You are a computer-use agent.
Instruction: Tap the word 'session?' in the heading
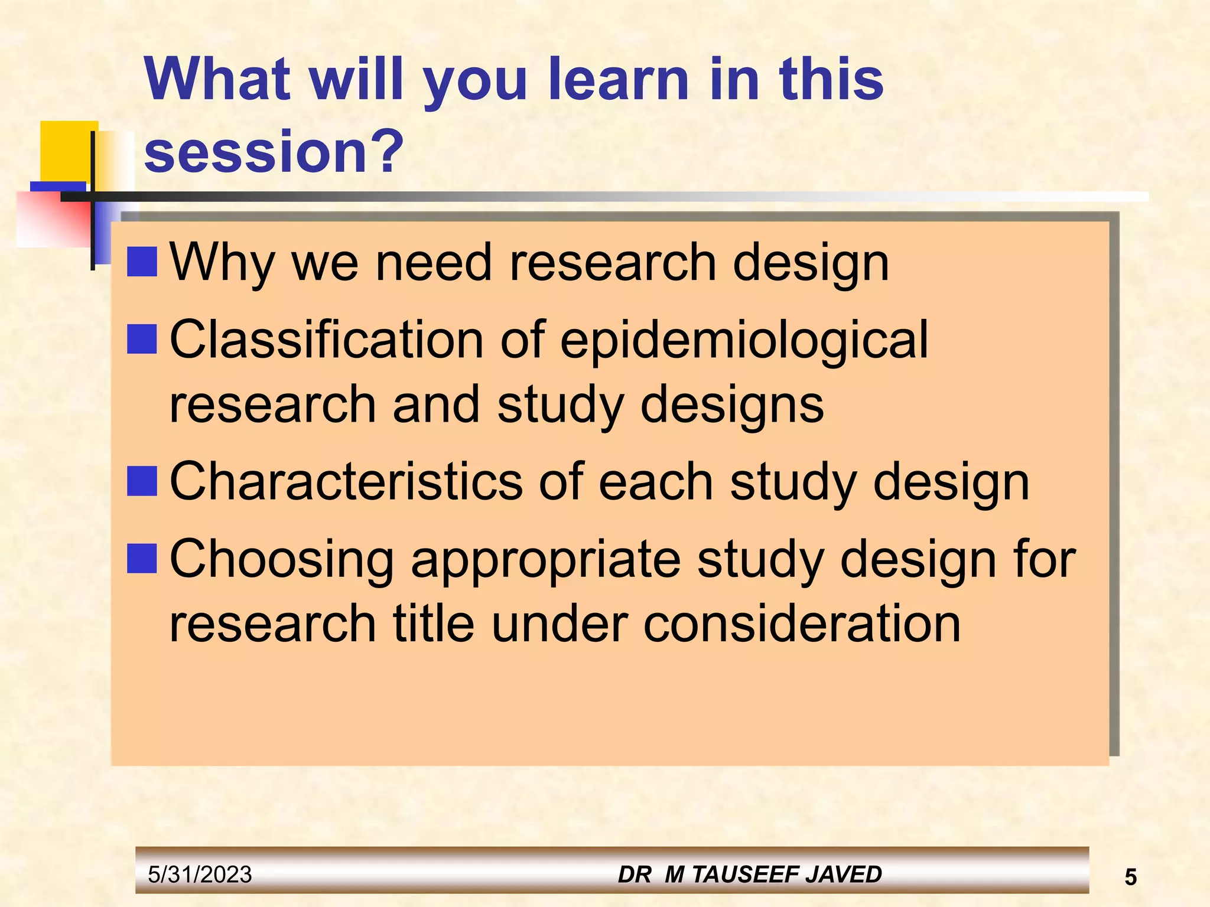274,151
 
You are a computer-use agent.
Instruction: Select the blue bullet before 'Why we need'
142,262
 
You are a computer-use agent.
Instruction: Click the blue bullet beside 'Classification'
142,339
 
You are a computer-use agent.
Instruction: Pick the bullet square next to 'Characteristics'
142,481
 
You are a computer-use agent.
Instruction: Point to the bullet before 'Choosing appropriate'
142,559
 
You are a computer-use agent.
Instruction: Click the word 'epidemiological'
744,341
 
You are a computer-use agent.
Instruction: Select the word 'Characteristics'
346,481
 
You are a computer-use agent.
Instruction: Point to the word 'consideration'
801,624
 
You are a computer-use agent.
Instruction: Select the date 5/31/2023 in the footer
200,875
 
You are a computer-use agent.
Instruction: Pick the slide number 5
1130,877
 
